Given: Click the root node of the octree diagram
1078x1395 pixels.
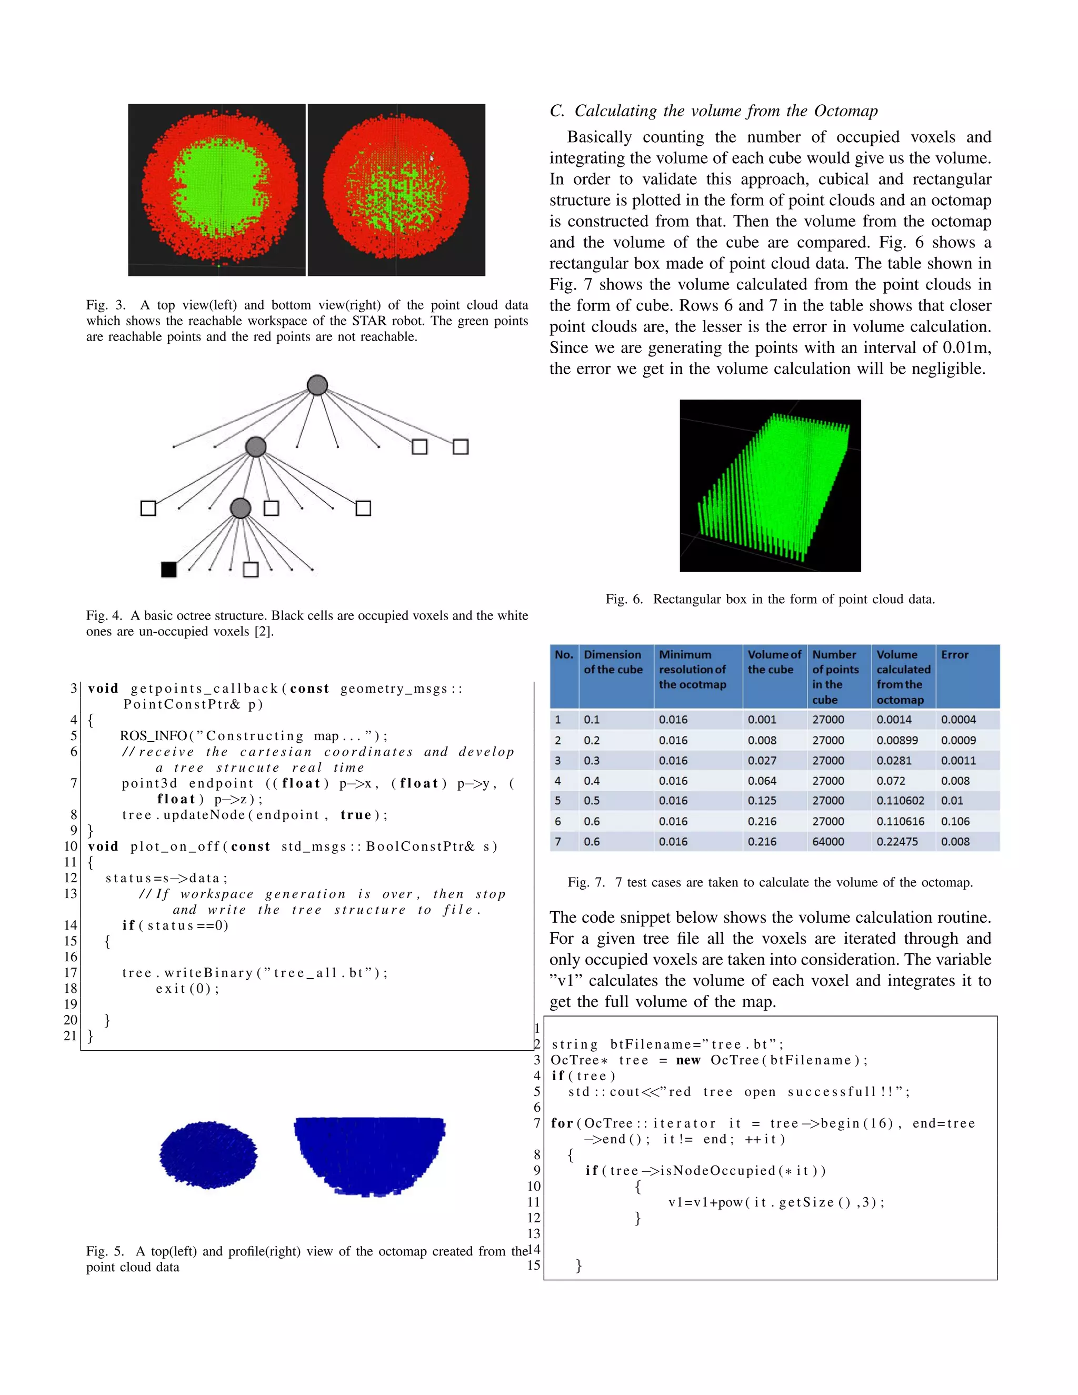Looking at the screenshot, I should pos(317,385).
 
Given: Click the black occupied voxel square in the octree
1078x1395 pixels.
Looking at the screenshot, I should pos(168,569).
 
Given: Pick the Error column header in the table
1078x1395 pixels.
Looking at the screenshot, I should pos(955,655).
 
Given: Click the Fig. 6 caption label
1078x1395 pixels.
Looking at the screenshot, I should pos(623,599).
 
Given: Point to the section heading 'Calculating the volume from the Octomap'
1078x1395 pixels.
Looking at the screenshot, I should pos(725,111).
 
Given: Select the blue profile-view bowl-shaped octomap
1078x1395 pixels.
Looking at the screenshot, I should pos(369,1155).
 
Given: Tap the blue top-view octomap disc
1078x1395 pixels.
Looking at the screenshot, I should pos(208,1155).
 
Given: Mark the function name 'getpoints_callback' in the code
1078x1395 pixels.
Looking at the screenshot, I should pos(204,689).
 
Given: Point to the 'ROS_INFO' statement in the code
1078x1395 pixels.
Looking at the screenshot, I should pos(153,736).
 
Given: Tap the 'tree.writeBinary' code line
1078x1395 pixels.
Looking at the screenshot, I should pos(254,973).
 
